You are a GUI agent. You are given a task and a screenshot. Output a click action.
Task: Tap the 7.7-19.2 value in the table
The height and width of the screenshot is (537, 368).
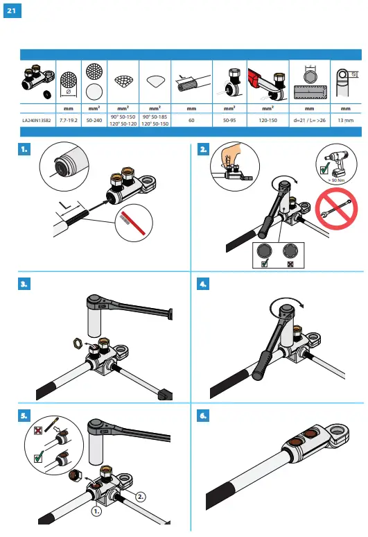[x=68, y=120]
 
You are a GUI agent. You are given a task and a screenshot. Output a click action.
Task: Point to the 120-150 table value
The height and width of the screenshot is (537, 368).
[x=268, y=120]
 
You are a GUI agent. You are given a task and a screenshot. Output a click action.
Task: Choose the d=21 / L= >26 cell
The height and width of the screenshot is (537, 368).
[x=309, y=120]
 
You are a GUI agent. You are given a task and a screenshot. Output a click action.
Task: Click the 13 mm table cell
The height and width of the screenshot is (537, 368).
[x=344, y=120]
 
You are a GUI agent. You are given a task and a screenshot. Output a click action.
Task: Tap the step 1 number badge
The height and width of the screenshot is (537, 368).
[x=24, y=148]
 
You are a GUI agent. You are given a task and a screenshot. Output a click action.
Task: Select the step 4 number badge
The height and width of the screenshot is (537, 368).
[x=202, y=284]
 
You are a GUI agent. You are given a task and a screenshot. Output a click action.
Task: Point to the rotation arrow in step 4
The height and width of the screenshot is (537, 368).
[x=283, y=302]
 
